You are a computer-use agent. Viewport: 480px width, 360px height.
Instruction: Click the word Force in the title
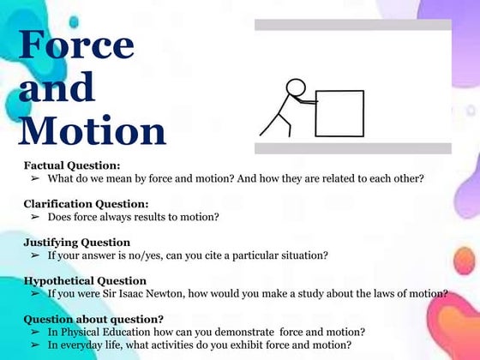tap(76, 45)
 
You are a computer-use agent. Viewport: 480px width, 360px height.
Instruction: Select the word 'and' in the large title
tap(57, 87)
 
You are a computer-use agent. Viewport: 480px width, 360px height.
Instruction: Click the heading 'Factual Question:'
tap(72, 165)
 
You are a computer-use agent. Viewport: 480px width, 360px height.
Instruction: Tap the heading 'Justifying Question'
tap(77, 243)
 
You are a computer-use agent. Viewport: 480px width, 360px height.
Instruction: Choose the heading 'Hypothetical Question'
tap(85, 281)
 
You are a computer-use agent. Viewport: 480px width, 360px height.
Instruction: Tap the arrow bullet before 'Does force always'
tap(35, 217)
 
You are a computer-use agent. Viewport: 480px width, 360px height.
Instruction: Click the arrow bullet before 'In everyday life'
tap(35, 345)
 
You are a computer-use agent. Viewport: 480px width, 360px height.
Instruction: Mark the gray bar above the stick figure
tap(352, 25)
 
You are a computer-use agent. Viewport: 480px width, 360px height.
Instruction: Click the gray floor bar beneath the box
tap(352, 148)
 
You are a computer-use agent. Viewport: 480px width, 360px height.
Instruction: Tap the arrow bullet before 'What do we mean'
tap(35, 178)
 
